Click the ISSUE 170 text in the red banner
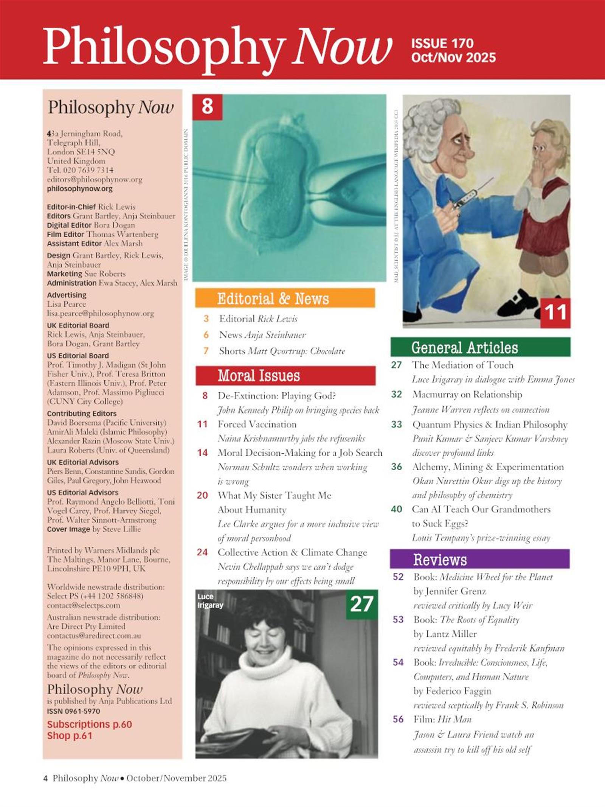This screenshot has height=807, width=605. pyautogui.click(x=442, y=43)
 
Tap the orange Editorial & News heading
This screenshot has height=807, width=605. pyautogui.click(x=273, y=299)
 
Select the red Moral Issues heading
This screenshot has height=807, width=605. pyautogui.click(x=259, y=376)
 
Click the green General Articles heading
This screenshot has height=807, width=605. pyautogui.click(x=464, y=347)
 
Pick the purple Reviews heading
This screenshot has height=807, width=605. pyautogui.click(x=440, y=560)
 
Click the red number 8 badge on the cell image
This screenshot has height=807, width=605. pyautogui.click(x=207, y=107)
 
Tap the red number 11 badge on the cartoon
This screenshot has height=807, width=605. pyautogui.click(x=555, y=313)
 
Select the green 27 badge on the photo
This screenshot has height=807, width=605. pyautogui.click(x=361, y=604)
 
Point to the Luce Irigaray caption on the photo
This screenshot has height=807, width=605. pyautogui.click(x=210, y=601)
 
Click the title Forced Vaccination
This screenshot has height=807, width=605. pyautogui.click(x=257, y=424)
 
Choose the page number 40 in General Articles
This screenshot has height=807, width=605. pyautogui.click(x=396, y=509)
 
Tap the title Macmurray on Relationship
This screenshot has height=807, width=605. pyautogui.click(x=467, y=395)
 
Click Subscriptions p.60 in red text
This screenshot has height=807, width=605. pyautogui.click(x=89, y=725)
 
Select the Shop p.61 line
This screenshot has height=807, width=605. pyautogui.click(x=70, y=736)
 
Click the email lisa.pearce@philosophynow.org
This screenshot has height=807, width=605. pyautogui.click(x=100, y=313)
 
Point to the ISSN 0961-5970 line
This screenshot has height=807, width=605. pyautogui.click(x=73, y=711)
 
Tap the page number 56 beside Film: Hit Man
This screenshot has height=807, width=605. pyautogui.click(x=398, y=719)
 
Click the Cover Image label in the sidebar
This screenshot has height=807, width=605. pyautogui.click(x=68, y=529)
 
